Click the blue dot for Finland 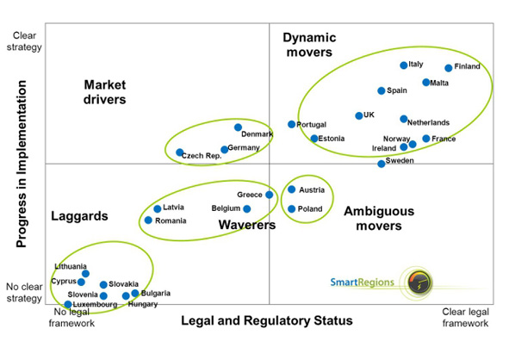(x=449, y=68)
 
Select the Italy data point (x=404, y=65)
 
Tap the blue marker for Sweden (x=381, y=164)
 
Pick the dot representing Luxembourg (x=68, y=304)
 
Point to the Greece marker (x=269, y=195)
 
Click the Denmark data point (x=238, y=127)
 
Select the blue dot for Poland (x=291, y=208)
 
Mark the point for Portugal (x=291, y=124)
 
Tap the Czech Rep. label (x=202, y=156)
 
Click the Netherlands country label (x=428, y=122)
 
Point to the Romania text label (x=171, y=220)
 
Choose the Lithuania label (x=71, y=266)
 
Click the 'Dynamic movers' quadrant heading (x=309, y=45)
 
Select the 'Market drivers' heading (x=104, y=92)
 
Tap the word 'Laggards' (x=79, y=216)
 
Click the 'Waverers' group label (x=247, y=225)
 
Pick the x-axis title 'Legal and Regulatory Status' (x=267, y=320)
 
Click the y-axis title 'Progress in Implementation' (x=22, y=164)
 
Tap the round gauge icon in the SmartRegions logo (x=419, y=282)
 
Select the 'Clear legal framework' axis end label (x=465, y=318)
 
